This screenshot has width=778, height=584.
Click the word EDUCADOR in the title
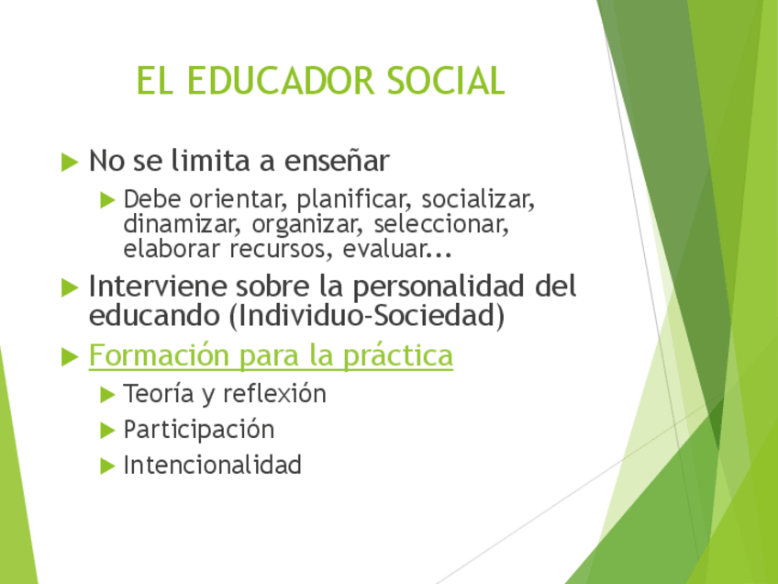click(280, 81)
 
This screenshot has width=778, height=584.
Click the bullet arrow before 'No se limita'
click(70, 162)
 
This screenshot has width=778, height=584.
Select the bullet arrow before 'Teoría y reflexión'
click(107, 395)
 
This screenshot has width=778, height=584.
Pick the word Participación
click(199, 430)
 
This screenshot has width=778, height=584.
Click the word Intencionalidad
click(212, 465)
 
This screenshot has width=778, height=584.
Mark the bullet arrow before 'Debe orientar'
click(107, 199)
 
